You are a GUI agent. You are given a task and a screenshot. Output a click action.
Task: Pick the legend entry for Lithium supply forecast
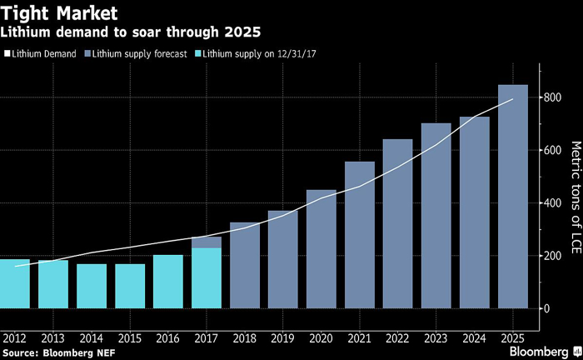click(131, 53)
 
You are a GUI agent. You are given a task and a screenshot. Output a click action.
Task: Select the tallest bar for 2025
click(512, 196)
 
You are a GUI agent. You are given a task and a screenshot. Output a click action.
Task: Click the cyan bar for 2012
click(15, 283)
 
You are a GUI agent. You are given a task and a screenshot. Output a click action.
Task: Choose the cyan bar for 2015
click(130, 286)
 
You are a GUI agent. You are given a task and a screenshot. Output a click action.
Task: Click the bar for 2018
click(245, 265)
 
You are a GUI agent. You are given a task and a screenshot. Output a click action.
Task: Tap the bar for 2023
click(436, 216)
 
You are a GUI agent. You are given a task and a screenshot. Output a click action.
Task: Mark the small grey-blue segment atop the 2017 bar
click(207, 242)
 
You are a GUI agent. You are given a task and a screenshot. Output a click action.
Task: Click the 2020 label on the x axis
click(321, 337)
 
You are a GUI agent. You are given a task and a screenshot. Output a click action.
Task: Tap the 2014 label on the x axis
click(92, 337)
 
